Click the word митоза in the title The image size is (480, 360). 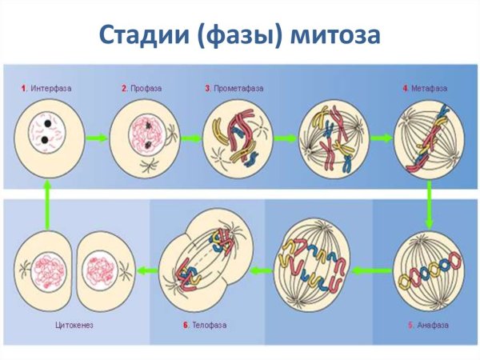point(335,34)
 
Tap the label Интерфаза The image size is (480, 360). point(51,89)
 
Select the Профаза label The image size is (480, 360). point(146,89)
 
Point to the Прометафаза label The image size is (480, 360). point(238,89)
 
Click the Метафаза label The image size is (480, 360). point(429,89)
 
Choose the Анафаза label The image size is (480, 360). point(433,325)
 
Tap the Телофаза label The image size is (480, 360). point(210,325)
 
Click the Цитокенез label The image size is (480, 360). point(74,325)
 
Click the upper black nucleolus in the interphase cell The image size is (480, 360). point(48,124)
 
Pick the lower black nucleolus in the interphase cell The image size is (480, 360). point(45,140)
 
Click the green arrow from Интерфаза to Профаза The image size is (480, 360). point(97,138)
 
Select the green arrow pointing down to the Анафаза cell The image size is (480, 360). point(429,205)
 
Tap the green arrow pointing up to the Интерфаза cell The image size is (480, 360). point(47,205)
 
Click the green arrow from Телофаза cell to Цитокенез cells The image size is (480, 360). point(147,270)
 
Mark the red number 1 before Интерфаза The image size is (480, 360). point(23,89)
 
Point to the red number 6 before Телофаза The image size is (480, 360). point(186,325)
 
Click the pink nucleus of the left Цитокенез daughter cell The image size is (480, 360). point(48,271)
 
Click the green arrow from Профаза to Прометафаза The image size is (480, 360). point(191,138)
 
